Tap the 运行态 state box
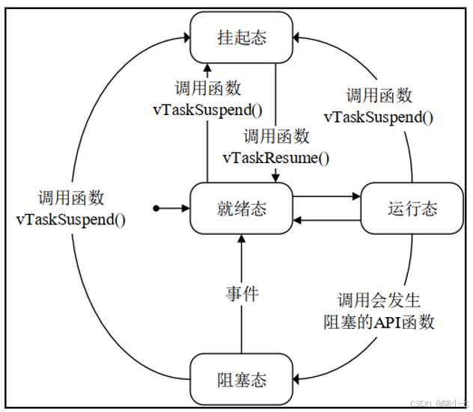point(412,209)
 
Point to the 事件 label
point(242,294)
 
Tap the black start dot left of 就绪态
point(156,209)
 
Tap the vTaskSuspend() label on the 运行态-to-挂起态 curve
point(379,117)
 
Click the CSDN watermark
point(441,403)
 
